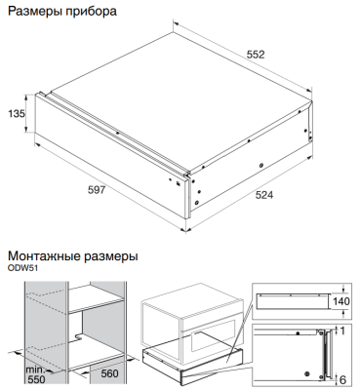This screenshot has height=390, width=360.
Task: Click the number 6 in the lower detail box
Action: tap(341, 377)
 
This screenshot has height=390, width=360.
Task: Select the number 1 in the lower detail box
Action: tap(341, 332)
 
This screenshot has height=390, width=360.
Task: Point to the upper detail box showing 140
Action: tap(298, 300)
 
